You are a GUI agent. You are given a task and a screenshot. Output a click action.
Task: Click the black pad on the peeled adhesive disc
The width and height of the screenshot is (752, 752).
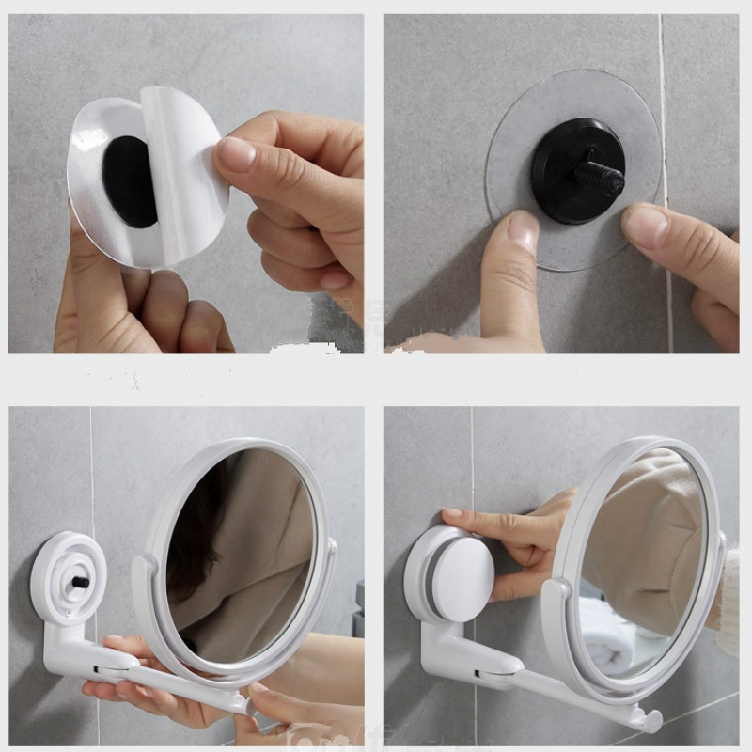coord(130,181)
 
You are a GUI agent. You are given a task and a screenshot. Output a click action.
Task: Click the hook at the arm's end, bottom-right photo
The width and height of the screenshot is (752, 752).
coord(649,720)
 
